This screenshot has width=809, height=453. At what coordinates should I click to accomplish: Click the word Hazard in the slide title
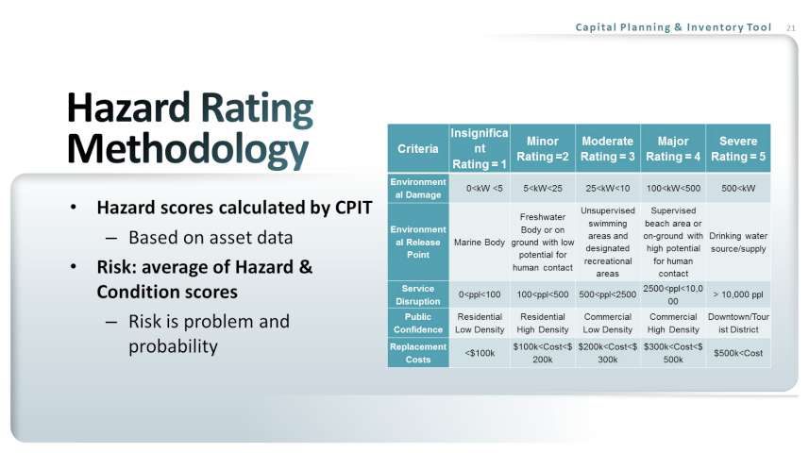128,108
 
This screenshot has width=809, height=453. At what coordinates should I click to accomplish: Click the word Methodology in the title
188,150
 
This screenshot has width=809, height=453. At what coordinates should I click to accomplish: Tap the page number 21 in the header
791,28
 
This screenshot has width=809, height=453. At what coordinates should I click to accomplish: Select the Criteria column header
418,148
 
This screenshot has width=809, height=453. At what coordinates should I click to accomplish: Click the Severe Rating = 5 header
738,148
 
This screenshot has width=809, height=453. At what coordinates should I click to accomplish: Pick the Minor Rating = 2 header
543,148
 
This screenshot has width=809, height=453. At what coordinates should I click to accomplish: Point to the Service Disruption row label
418,294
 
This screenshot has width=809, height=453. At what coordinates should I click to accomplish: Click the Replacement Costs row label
418,353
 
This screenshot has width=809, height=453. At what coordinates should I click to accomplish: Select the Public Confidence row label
418,323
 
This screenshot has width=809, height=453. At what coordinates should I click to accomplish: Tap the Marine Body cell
480,242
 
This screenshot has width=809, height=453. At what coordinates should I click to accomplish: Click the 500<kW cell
738,189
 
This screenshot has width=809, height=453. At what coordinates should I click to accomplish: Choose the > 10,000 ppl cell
738,294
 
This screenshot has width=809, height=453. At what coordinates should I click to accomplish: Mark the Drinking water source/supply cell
738,242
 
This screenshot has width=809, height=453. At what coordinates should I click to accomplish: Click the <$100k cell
480,353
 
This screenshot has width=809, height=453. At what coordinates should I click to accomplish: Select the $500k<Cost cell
738,353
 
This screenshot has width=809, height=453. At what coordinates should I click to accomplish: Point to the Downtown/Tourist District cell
738,323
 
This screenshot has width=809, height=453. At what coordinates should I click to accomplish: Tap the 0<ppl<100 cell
480,294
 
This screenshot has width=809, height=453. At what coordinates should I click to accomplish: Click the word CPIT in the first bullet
353,208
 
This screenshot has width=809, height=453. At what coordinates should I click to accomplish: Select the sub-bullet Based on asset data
211,237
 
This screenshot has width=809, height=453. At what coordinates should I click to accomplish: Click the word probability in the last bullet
173,346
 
